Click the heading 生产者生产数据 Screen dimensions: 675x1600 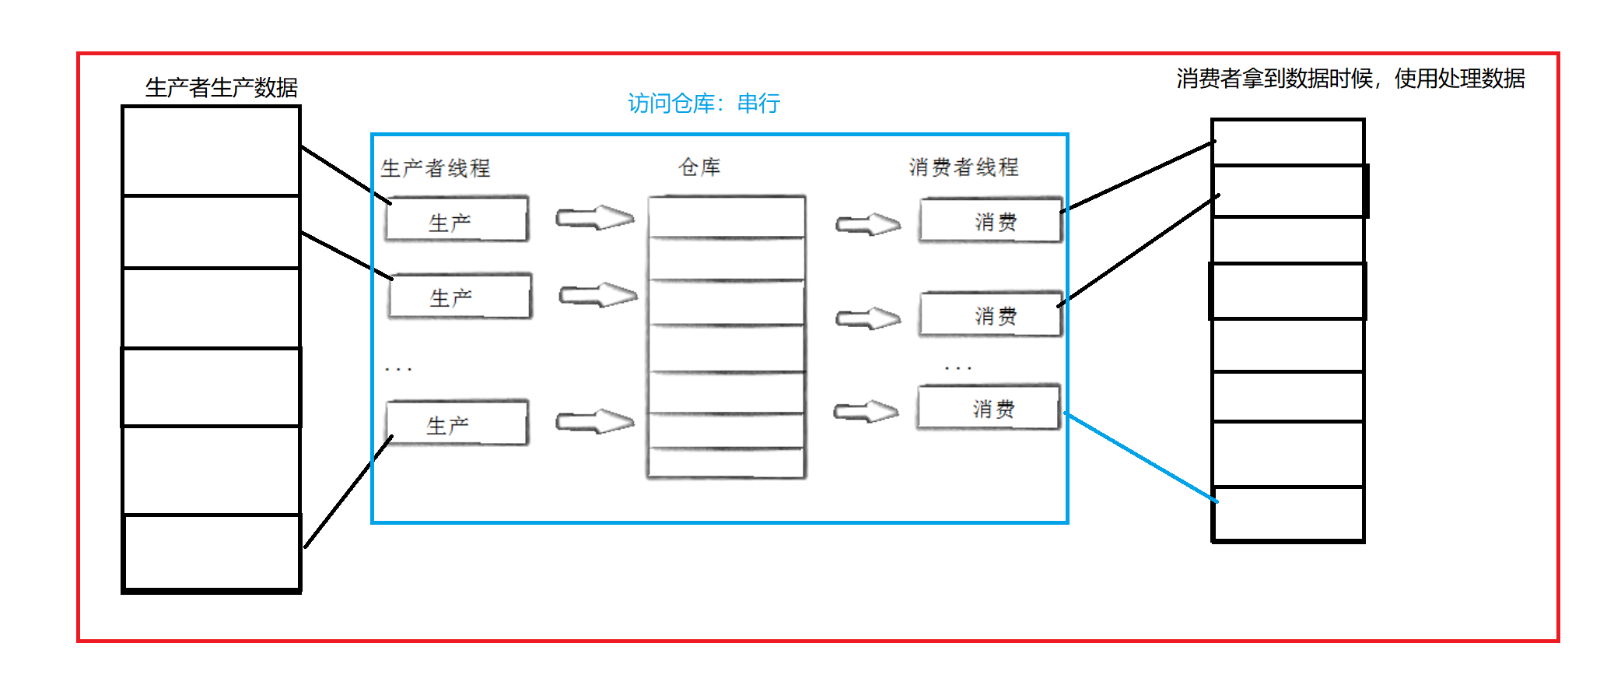coord(222,88)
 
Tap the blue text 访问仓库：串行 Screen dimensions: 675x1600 coord(703,104)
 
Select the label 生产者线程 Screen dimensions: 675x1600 coord(436,168)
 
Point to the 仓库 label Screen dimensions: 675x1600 coord(699,167)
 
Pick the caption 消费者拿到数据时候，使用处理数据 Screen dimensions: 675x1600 coord(1350,79)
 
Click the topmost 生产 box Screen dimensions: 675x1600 coord(457,220)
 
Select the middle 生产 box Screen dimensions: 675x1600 coord(460,296)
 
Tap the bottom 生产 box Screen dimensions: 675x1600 coord(457,424)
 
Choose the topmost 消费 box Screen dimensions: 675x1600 coord(990,221)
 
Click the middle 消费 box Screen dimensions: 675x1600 coord(990,315)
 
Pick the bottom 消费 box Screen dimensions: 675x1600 coord(989,407)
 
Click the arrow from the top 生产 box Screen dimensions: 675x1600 coord(594,218)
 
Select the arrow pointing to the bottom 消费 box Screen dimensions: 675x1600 coord(866,411)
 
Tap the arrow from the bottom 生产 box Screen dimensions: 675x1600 coord(594,422)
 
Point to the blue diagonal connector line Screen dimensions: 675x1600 coord(1140,457)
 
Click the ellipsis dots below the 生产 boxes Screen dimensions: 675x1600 coord(398,369)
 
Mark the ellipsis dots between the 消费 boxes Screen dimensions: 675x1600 coord(958,367)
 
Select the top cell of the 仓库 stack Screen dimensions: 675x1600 coord(726,217)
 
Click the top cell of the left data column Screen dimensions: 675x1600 coord(212,151)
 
